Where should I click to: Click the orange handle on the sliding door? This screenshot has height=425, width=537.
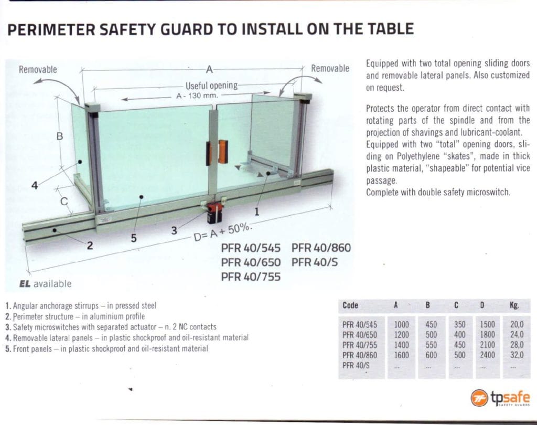pos(222,151)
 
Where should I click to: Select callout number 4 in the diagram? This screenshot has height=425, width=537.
pos(35,186)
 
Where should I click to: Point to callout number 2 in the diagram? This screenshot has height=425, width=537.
pos(90,246)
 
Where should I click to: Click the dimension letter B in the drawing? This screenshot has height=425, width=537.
pos(60,136)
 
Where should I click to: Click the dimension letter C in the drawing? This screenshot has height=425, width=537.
pos(63,201)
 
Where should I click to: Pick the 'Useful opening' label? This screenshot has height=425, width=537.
pos(211,86)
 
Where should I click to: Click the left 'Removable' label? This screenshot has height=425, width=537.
pos(38,70)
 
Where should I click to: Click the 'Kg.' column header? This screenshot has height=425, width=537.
pos(514,305)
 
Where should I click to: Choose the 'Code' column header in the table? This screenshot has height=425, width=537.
pos(350,305)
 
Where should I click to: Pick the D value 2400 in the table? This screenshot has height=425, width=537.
pos(487,355)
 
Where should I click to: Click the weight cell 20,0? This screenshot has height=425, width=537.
pos(517,324)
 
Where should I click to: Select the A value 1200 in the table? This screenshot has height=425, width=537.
pos(401,335)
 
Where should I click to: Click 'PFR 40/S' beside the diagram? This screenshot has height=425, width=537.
pos(315,262)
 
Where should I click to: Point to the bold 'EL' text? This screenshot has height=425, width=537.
pos(25,284)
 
